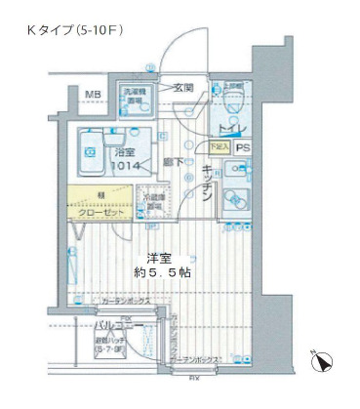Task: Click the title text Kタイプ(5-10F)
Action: [x=74, y=32]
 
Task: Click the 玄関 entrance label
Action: [x=183, y=89]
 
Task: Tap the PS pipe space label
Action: [x=242, y=148]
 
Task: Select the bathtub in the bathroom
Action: [x=96, y=154]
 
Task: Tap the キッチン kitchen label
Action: [x=208, y=183]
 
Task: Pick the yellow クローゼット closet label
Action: [x=103, y=209]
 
